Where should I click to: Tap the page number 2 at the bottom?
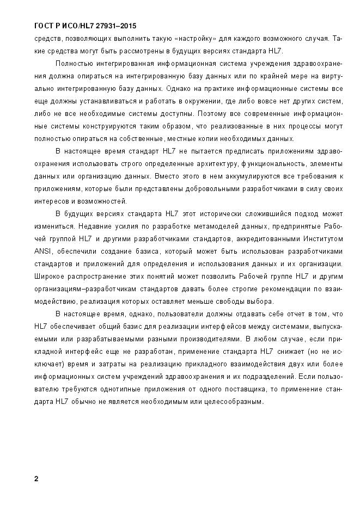(x=36, y=479)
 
